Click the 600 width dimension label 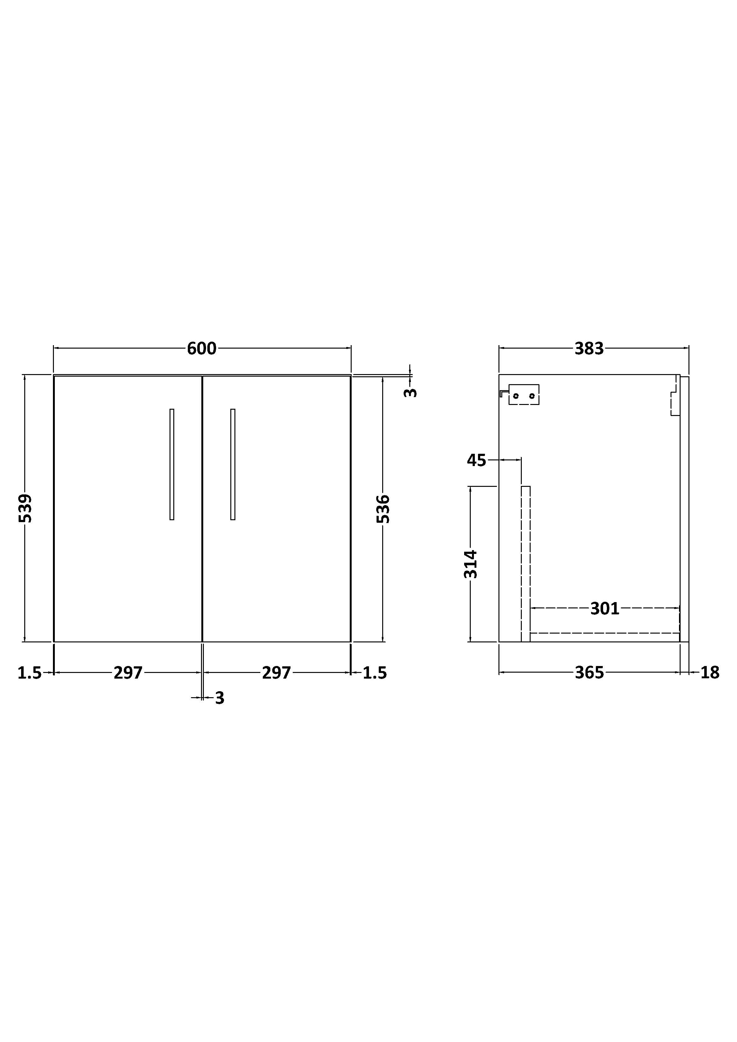(202, 349)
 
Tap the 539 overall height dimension (26, 508)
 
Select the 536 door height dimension (383, 509)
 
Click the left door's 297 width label (128, 673)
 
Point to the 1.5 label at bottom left (30, 673)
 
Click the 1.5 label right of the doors (375, 673)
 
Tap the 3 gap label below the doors (220, 698)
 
